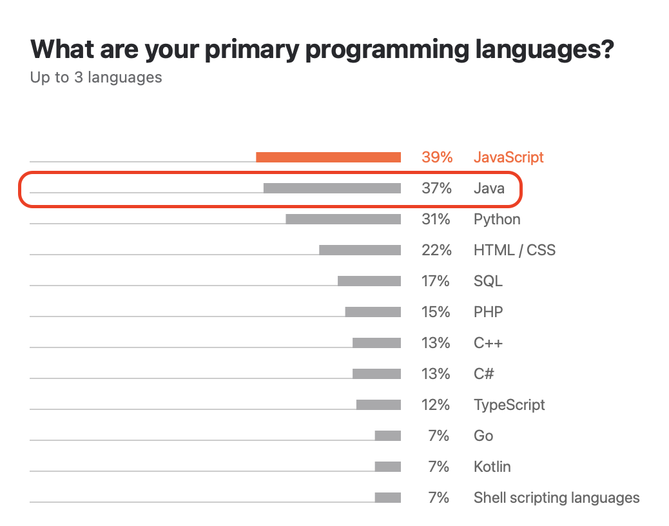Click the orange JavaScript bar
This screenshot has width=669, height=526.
point(328,157)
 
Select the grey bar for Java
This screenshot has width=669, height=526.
point(332,188)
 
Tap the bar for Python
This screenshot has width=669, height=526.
point(343,219)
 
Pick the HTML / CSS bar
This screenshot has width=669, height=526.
point(360,250)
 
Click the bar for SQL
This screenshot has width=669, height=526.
point(369,280)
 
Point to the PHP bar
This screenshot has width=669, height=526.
point(373,312)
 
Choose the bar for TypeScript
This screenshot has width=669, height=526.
point(378,404)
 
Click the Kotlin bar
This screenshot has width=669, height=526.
point(388,466)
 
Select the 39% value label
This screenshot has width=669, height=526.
point(437,157)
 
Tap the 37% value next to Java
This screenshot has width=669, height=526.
point(436,188)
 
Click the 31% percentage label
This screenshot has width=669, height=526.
point(436,219)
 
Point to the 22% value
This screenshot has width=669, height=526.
point(436,250)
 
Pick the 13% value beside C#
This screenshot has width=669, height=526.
point(436,374)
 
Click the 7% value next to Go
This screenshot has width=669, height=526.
point(439,436)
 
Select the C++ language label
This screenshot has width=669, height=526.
point(488,343)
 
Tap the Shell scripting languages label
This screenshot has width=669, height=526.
point(556,498)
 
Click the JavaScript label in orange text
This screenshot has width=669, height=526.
point(509,157)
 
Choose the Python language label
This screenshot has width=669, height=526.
point(497,220)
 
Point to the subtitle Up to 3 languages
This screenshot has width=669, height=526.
point(96,77)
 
